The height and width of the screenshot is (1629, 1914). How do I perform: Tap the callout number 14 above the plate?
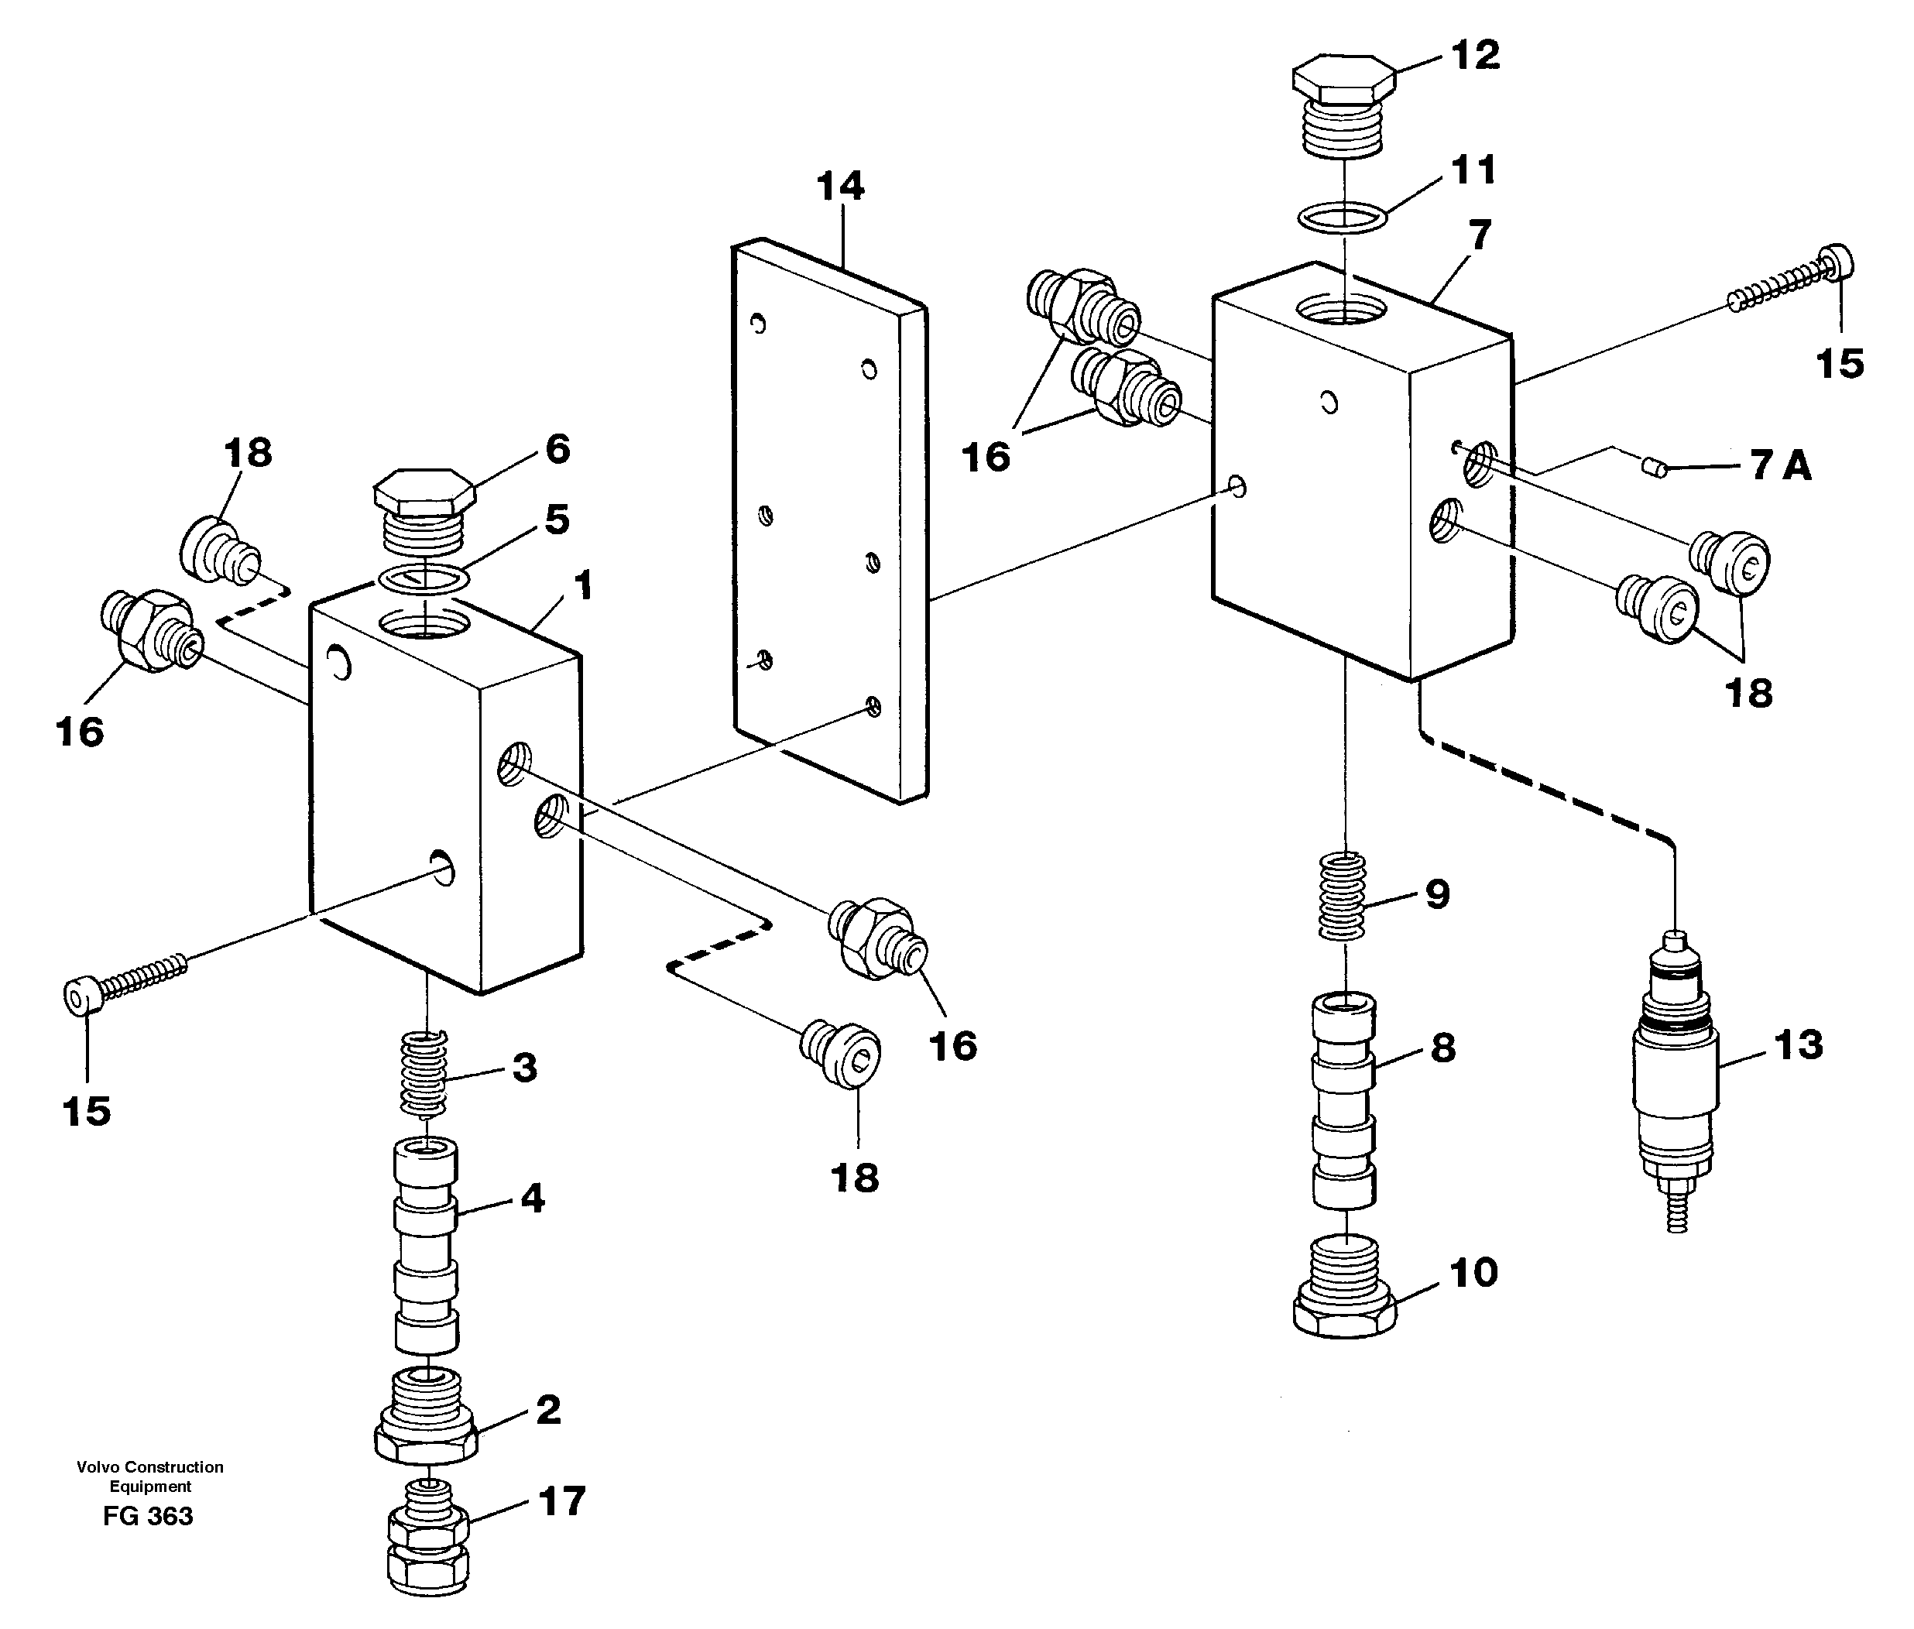pyautogui.click(x=840, y=187)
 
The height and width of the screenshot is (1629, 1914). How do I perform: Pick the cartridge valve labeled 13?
pyautogui.click(x=1676, y=1081)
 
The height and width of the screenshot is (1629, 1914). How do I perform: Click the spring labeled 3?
pyautogui.click(x=424, y=1073)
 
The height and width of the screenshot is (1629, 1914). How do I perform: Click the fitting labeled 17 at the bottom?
pyautogui.click(x=427, y=1539)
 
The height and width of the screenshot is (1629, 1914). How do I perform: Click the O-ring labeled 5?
pyautogui.click(x=424, y=580)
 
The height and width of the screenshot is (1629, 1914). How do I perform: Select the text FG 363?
pyautogui.click(x=148, y=1516)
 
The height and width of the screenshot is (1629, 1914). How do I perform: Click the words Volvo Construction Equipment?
pyautogui.click(x=149, y=1476)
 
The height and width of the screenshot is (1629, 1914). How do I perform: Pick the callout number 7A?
pyautogui.click(x=1780, y=465)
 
